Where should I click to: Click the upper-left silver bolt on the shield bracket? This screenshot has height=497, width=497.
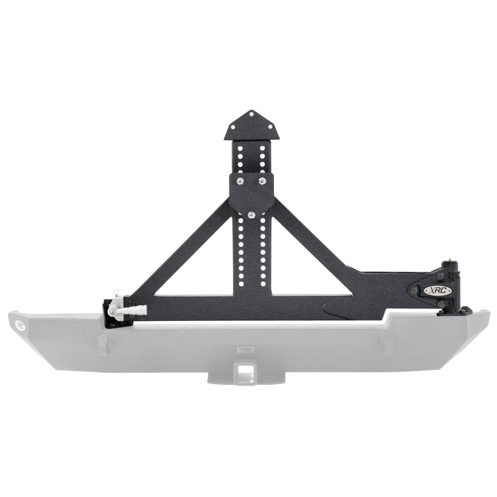pyautogui.click(x=239, y=182)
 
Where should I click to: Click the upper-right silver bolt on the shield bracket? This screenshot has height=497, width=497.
pyautogui.click(x=263, y=182)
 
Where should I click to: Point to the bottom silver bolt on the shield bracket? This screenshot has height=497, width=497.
pyautogui.click(x=251, y=211)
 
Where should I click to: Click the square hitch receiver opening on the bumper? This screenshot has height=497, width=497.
pyautogui.click(x=245, y=368)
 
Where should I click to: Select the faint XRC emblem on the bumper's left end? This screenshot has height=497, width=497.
pyautogui.click(x=19, y=327)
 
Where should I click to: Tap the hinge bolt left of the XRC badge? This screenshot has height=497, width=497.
pyautogui.click(x=413, y=290)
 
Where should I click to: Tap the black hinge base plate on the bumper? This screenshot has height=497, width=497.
pyautogui.click(x=454, y=310)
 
